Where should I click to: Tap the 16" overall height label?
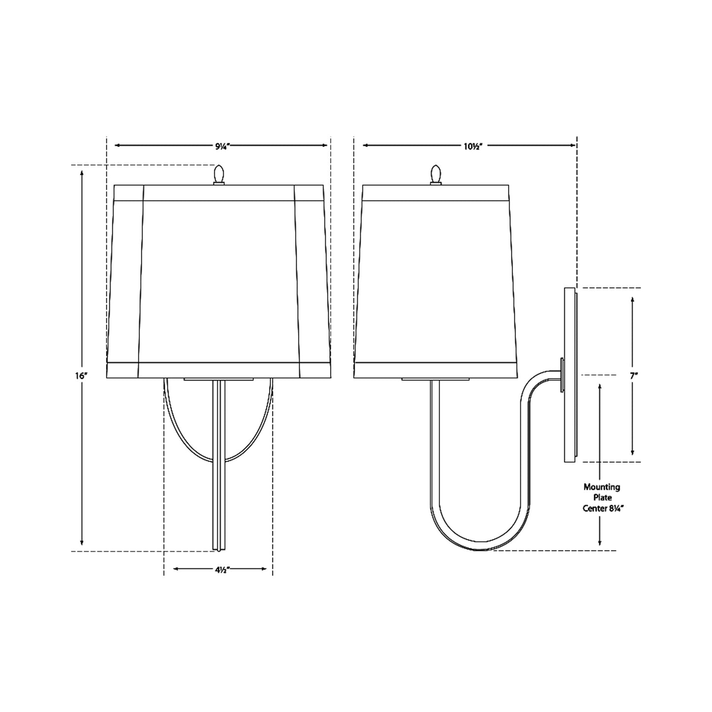pyautogui.click(x=81, y=375)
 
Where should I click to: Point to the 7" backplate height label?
pyautogui.click(x=634, y=375)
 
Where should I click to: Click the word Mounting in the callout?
pyautogui.click(x=602, y=487)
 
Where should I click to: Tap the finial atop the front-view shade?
pyautogui.click(x=219, y=174)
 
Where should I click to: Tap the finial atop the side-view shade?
pyautogui.click(x=435, y=174)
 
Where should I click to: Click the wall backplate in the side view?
pyautogui.click(x=570, y=374)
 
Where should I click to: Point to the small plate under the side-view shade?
pyautogui.click(x=435, y=379)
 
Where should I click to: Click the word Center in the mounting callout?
pyautogui.click(x=593, y=509)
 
